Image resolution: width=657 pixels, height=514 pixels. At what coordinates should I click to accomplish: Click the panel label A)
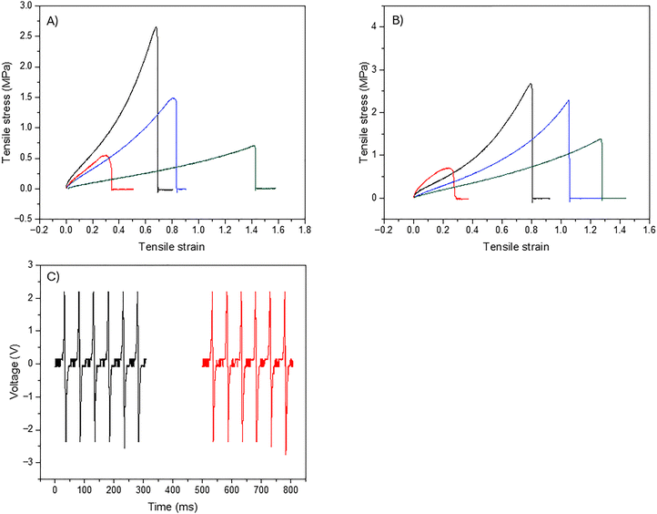point(53,21)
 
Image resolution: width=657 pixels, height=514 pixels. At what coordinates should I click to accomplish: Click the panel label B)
point(398,21)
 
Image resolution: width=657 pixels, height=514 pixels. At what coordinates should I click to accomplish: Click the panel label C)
point(53,277)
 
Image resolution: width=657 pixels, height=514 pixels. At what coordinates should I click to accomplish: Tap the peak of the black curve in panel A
point(156,27)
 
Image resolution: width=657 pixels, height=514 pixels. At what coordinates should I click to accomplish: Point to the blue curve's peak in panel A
point(173,98)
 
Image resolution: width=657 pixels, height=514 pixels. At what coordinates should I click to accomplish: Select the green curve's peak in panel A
point(254,146)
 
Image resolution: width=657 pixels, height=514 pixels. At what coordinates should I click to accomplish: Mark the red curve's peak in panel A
point(106,155)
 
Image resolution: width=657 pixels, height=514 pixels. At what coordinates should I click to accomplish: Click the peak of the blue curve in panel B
point(569,100)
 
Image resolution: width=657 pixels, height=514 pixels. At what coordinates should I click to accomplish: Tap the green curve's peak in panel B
point(601,139)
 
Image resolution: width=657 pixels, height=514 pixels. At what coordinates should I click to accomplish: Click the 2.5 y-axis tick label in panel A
point(28,36)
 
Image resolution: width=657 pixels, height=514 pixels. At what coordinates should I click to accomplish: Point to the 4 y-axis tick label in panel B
point(374,26)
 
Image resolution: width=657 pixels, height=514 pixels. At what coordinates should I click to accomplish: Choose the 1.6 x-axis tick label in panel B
point(649,230)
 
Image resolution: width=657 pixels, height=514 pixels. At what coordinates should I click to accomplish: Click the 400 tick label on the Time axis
point(173,489)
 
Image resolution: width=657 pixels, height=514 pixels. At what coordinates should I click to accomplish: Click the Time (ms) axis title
point(173,507)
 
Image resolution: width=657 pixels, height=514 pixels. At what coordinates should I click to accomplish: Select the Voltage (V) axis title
point(15,364)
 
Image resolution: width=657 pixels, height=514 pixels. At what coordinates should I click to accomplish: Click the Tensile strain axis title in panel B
point(516,246)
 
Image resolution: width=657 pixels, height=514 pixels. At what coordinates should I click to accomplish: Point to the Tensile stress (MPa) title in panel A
point(6,112)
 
